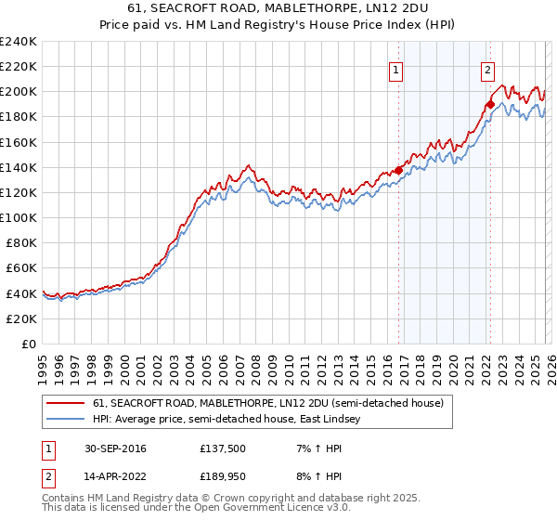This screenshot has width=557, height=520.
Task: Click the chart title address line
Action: pyautogui.click(x=278, y=8)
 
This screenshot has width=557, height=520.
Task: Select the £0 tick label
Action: pyautogui.click(x=30, y=344)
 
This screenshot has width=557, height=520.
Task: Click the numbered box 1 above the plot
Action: pyautogui.click(x=396, y=69)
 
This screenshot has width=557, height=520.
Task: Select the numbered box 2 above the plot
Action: pyautogui.click(x=487, y=69)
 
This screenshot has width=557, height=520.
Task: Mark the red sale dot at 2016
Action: pyautogui.click(x=398, y=170)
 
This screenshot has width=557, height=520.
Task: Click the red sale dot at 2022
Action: pyautogui.click(x=489, y=104)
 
